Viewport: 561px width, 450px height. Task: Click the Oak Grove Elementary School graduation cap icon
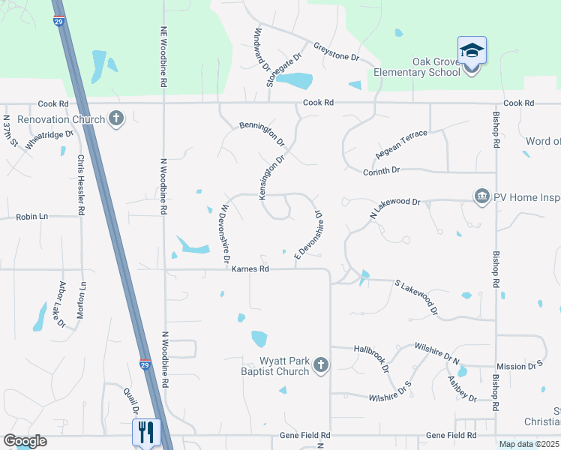[472, 50]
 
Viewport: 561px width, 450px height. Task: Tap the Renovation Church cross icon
[115, 119]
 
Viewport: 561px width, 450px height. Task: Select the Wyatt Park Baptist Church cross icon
[320, 365]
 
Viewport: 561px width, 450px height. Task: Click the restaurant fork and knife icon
[146, 431]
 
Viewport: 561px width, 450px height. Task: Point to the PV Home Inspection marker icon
[481, 196]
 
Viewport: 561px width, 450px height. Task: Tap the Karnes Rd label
[250, 268]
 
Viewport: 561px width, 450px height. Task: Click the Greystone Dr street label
[337, 52]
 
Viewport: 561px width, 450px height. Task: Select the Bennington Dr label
[262, 133]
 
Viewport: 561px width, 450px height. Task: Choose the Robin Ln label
[31, 217]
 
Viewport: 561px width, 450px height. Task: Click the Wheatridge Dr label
[50, 140]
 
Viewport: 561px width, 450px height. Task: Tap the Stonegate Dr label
[284, 70]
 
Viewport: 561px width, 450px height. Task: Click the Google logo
[25, 441]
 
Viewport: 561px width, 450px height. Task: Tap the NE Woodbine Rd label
[163, 56]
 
